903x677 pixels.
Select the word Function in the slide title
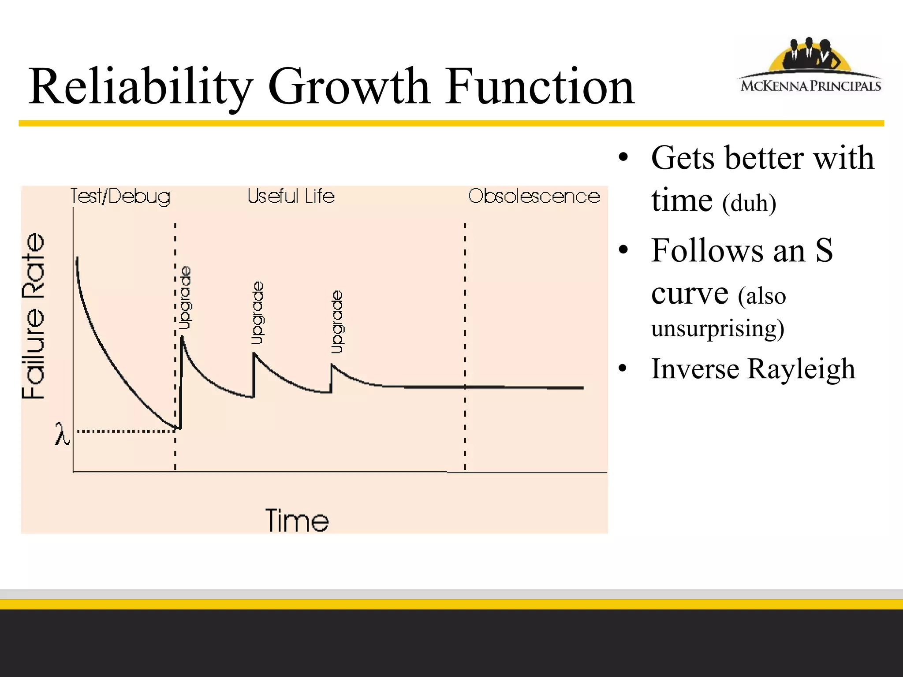pyautogui.click(x=540, y=87)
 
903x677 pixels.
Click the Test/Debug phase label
pyautogui.click(x=120, y=196)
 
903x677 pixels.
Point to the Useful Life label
pyautogui.click(x=291, y=196)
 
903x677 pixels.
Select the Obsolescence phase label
pyautogui.click(x=534, y=196)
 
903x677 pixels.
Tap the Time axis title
pyautogui.click(x=297, y=521)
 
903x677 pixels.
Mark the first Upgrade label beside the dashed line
pyautogui.click(x=186, y=298)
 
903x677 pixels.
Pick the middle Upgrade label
pyautogui.click(x=257, y=312)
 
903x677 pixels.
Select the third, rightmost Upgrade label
pyautogui.click(x=337, y=322)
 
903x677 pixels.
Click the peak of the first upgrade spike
pyautogui.click(x=182, y=338)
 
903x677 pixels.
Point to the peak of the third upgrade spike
pyautogui.click(x=332, y=365)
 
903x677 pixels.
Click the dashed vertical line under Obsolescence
pyautogui.click(x=465, y=309)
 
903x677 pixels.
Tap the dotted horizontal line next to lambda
pyautogui.click(x=126, y=431)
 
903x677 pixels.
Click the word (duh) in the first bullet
pyautogui.click(x=749, y=203)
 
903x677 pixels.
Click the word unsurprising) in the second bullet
pyautogui.click(x=717, y=328)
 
